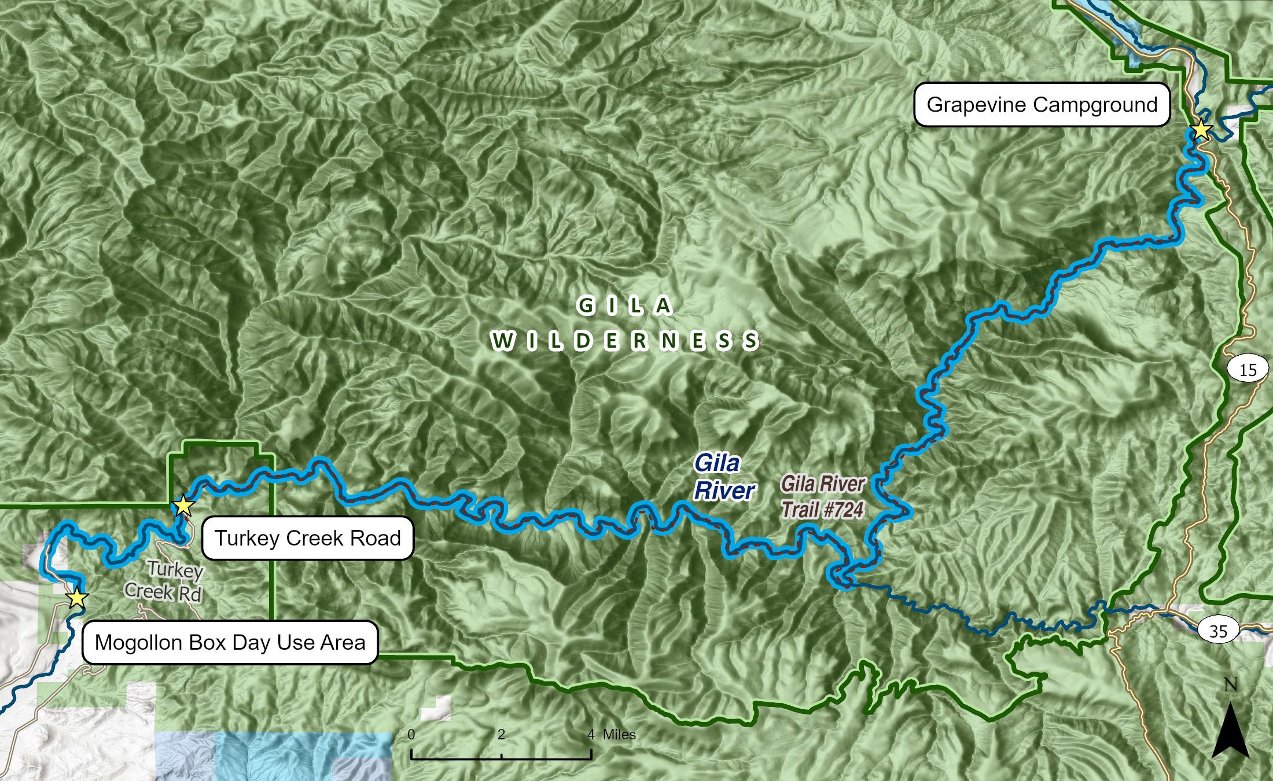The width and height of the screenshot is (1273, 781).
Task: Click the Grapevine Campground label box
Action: click(x=1042, y=105)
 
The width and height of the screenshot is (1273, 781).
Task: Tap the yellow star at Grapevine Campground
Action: click(x=1201, y=130)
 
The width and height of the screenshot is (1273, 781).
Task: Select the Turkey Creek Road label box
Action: click(x=307, y=538)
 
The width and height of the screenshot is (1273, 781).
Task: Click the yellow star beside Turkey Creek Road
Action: click(x=183, y=506)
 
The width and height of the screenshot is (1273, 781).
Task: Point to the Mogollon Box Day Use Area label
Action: click(x=230, y=642)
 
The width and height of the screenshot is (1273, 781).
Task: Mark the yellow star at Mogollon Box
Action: click(x=76, y=598)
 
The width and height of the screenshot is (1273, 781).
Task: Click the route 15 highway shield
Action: click(x=1248, y=370)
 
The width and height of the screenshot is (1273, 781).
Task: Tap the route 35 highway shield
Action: click(x=1218, y=630)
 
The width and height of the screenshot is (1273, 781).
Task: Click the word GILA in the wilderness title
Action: click(x=625, y=305)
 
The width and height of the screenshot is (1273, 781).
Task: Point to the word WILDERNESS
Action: click(x=625, y=341)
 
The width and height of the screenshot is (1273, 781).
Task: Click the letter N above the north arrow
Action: click(x=1230, y=685)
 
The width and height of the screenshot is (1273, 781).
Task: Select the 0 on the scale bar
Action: click(x=411, y=735)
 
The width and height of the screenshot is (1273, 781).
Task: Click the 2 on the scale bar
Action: click(x=501, y=735)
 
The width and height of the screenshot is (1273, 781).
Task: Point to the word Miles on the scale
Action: click(x=619, y=735)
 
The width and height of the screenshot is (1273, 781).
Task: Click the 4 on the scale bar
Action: click(x=591, y=735)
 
